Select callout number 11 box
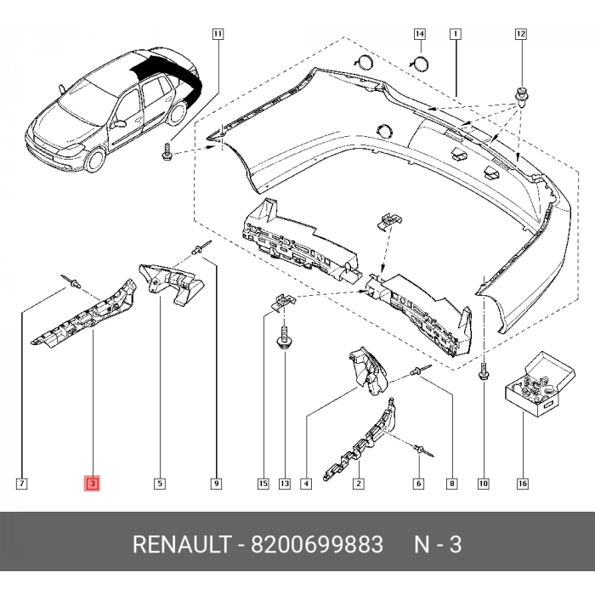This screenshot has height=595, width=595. tap(218, 35)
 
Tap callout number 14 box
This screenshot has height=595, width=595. tap(419, 35)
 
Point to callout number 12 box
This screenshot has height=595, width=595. tap(521, 35)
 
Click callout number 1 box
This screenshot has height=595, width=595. tap(456, 35)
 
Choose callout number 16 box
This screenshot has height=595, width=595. tap(521, 484)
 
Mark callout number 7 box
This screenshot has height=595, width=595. tap(22, 484)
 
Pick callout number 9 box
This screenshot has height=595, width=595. tap(216, 484)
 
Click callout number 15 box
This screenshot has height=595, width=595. tap(263, 484)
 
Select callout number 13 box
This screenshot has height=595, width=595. tap(284, 484)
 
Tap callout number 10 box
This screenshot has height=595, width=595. tap(483, 484)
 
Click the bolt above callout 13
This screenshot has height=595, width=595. tap(282, 342)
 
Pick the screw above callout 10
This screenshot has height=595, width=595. tap(483, 371)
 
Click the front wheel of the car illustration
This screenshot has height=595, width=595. tap(95, 157)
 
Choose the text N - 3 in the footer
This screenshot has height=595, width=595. tap(438, 544)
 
